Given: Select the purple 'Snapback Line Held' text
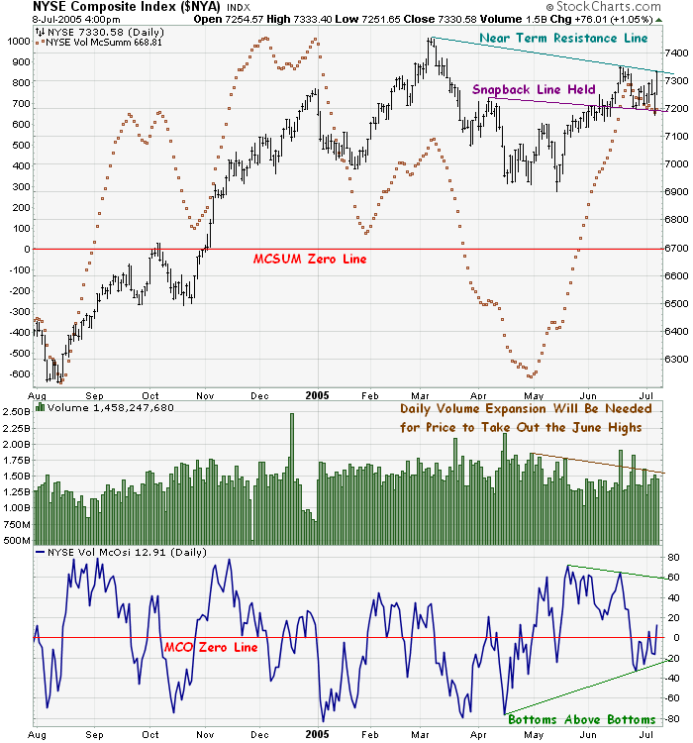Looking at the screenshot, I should (x=534, y=89).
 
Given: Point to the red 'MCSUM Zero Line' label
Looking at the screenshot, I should (x=310, y=259).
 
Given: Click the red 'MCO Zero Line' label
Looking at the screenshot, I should (x=210, y=647).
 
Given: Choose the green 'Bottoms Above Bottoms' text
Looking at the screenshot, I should (x=582, y=718).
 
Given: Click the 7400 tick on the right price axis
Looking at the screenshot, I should (x=676, y=52).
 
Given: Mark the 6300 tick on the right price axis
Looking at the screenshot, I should (x=676, y=360).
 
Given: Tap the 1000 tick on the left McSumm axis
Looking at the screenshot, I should (x=18, y=42).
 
